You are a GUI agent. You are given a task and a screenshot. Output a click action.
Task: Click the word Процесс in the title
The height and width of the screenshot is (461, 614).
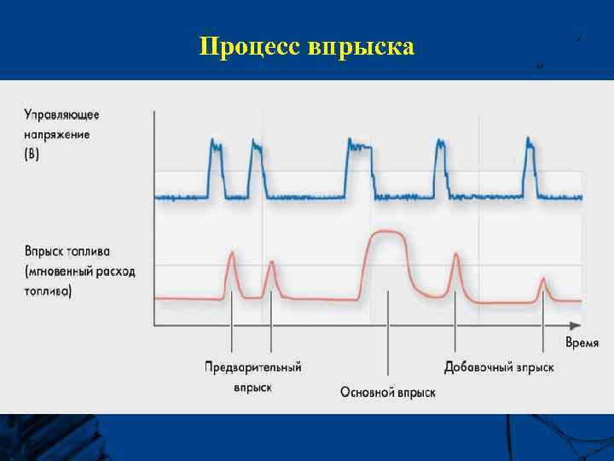click(246, 47)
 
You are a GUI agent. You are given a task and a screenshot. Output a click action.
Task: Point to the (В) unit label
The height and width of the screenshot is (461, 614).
click(32, 155)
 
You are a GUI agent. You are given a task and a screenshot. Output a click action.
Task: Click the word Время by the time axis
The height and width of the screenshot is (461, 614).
click(582, 343)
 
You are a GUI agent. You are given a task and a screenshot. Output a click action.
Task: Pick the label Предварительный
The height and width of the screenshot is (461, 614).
click(253, 367)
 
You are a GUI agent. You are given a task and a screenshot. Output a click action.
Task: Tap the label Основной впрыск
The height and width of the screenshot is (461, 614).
click(388, 392)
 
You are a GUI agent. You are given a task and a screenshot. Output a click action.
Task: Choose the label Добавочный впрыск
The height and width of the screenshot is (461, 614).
click(499, 367)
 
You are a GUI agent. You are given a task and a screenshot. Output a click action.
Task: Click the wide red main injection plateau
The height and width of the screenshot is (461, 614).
click(388, 234)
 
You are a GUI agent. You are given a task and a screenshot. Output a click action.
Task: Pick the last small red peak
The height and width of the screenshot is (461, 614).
click(543, 285)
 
